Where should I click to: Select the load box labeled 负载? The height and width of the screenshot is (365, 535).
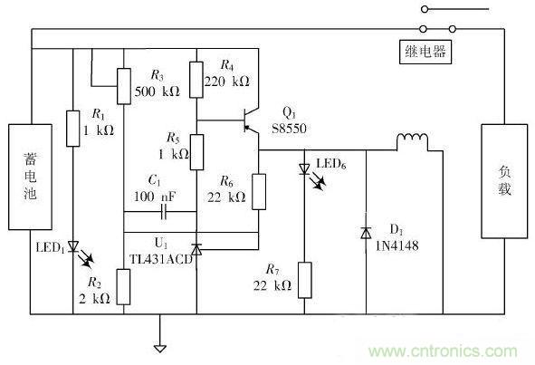tap(503, 180)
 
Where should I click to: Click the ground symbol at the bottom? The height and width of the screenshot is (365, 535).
tap(160, 345)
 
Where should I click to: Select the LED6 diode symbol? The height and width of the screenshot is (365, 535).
tap(305, 169)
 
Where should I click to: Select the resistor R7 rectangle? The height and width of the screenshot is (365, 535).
tap(305, 282)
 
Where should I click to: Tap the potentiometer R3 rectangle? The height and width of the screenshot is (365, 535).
tap(122, 87)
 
